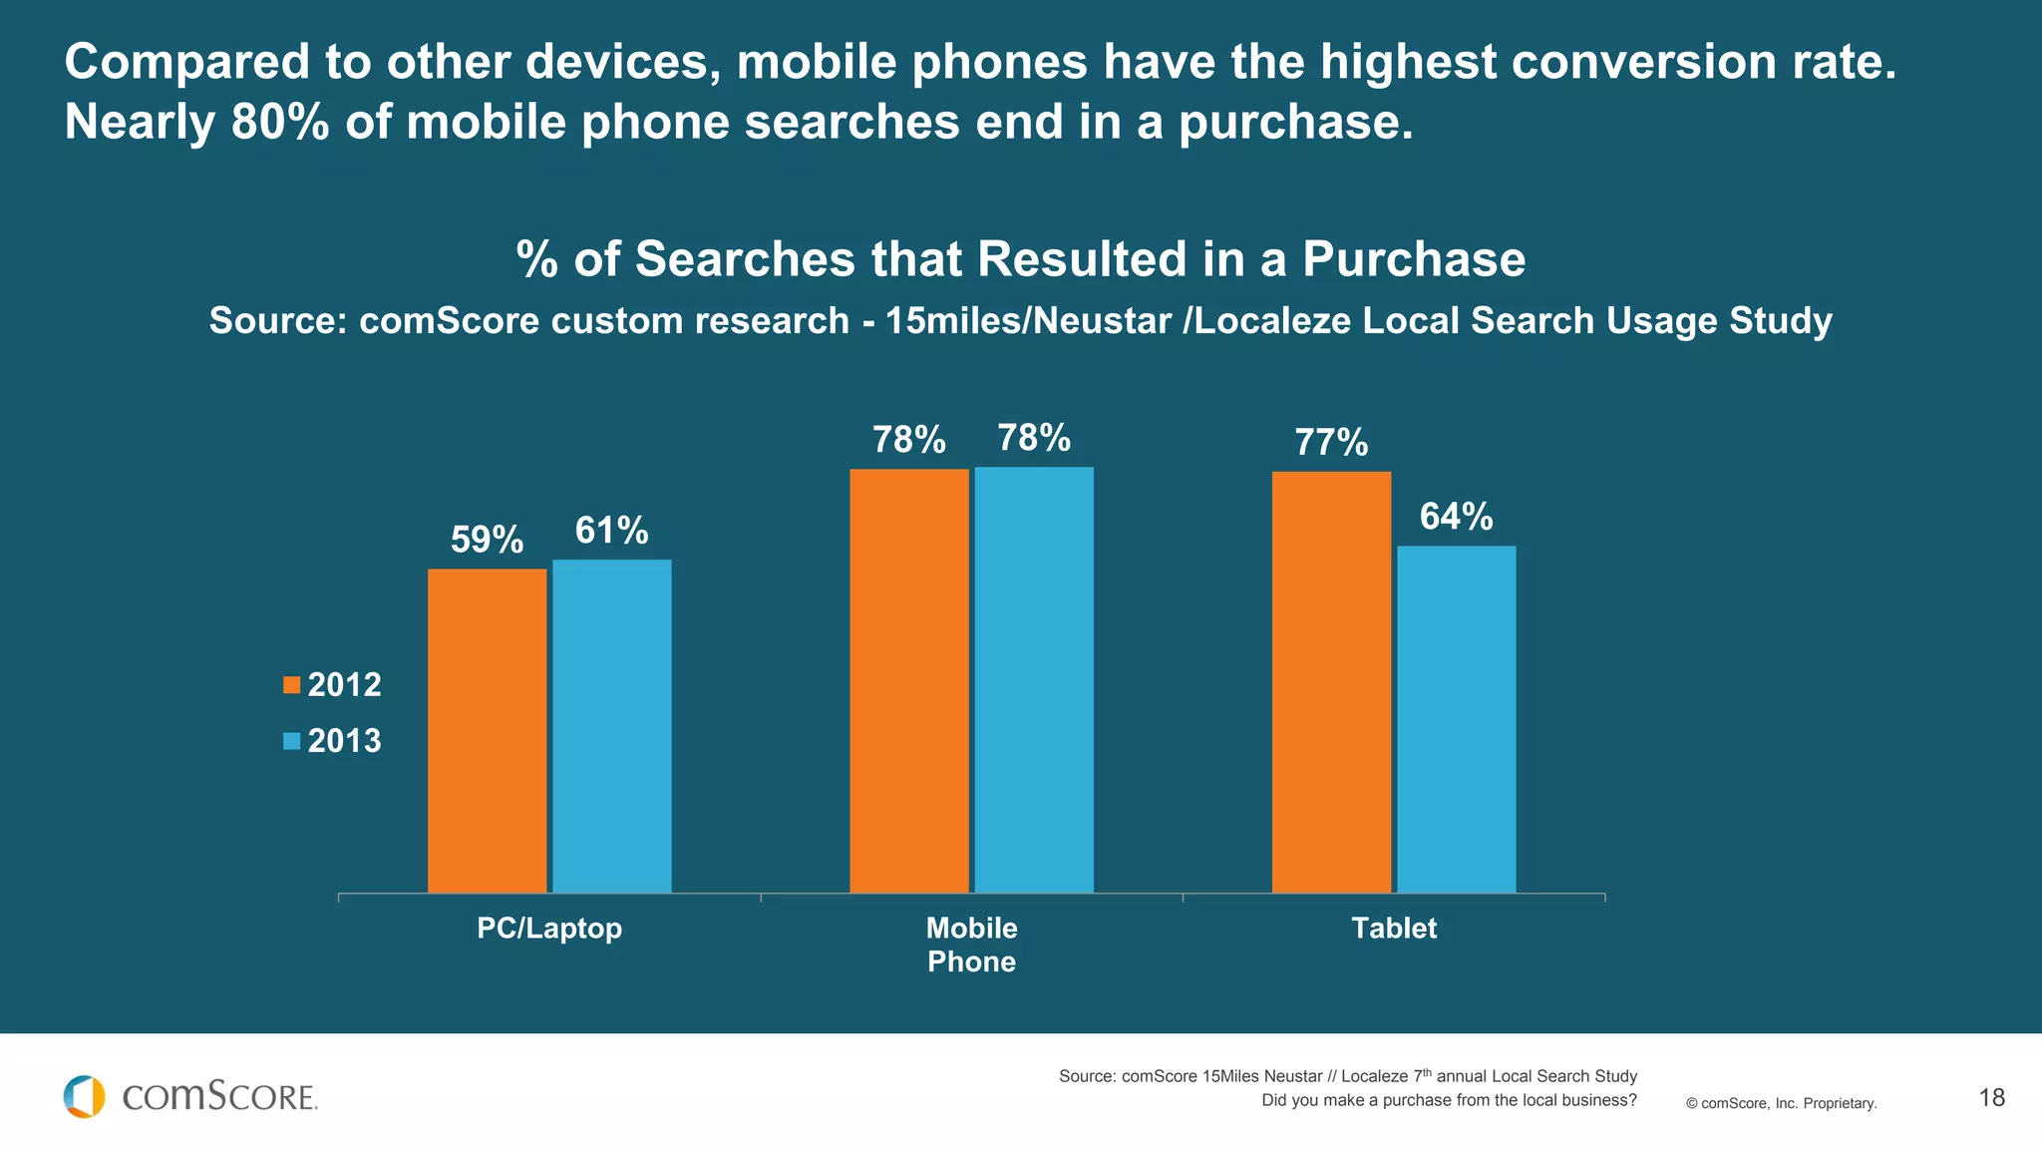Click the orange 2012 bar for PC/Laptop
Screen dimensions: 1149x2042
pyautogui.click(x=487, y=730)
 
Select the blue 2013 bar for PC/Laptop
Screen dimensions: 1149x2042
pyautogui.click(x=611, y=725)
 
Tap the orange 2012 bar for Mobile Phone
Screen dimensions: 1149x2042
pyautogui.click(x=908, y=680)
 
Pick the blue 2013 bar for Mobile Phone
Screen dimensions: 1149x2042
pyautogui.click(x=1034, y=679)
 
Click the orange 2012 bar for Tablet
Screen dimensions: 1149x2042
pyautogui.click(x=1331, y=681)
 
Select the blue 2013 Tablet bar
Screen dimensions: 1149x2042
pyautogui.click(x=1456, y=718)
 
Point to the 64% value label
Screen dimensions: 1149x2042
pyautogui.click(x=1456, y=517)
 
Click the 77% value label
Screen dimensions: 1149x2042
pyautogui.click(x=1331, y=442)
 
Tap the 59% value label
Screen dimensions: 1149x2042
pyautogui.click(x=487, y=540)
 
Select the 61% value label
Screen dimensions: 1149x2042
pyautogui.click(x=611, y=531)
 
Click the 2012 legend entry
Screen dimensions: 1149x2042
pyautogui.click(x=332, y=684)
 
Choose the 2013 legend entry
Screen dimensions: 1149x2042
pyautogui.click(x=332, y=740)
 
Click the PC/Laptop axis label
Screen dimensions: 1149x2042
pyautogui.click(x=549, y=928)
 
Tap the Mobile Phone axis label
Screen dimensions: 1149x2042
pyautogui.click(x=971, y=944)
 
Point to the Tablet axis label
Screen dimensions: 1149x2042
pyautogui.click(x=1394, y=928)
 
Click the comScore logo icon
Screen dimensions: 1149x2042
pyautogui.click(x=84, y=1096)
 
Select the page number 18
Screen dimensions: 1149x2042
pyautogui.click(x=1991, y=1098)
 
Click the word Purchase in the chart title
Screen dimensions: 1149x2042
pyautogui.click(x=1413, y=259)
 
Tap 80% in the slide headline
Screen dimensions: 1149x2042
pyautogui.click(x=280, y=123)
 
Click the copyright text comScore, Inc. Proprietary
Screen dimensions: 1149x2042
pyautogui.click(x=1781, y=1103)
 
